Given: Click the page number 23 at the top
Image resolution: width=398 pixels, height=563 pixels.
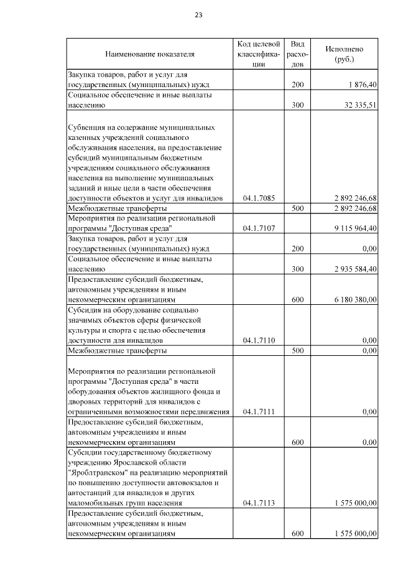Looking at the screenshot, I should [198, 15].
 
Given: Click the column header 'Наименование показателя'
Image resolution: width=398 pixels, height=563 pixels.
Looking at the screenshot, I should [149, 54].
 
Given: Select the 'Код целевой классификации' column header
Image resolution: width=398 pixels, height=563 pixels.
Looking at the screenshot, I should [259, 54].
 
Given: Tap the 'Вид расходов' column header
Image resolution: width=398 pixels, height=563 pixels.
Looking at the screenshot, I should [298, 54].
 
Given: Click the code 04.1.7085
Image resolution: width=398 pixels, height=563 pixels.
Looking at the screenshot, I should [259, 198].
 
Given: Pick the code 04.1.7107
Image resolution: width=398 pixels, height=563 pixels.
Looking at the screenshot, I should [259, 228].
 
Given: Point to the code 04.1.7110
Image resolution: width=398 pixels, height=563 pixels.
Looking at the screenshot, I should [259, 341].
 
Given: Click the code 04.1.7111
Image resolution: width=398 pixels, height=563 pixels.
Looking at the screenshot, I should [259, 412].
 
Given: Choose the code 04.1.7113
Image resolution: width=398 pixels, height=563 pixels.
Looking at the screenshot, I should [259, 503].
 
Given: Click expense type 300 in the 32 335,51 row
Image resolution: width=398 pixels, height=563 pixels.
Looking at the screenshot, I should [298, 105].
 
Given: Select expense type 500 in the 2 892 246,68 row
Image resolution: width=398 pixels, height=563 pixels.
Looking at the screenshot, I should [298, 208].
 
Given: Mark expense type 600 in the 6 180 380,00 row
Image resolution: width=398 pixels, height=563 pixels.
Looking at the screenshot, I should [298, 299].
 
